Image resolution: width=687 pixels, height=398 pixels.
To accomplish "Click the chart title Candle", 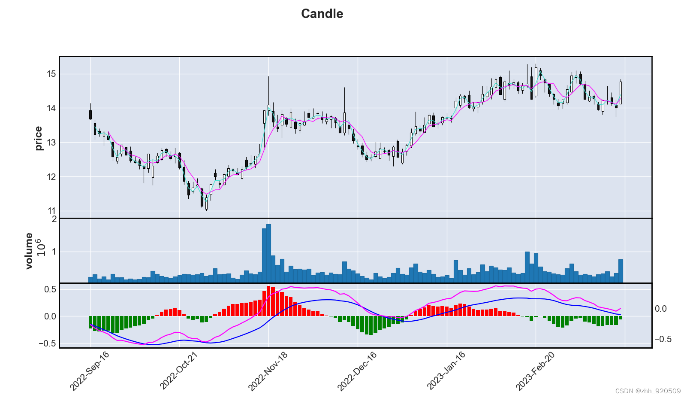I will [x=322, y=14].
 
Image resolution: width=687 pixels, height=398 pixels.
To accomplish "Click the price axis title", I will [x=39, y=138].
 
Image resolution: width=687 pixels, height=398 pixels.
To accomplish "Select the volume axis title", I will [x=29, y=251].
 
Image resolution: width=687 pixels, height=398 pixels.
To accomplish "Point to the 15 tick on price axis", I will [x=51, y=74].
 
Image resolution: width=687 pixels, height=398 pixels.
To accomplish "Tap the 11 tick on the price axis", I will [x=51, y=211].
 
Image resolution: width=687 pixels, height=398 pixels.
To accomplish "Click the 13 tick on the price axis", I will [x=51, y=143].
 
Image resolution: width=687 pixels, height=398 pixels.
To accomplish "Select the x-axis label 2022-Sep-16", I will [x=90, y=371].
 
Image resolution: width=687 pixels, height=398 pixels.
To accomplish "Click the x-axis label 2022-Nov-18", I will [x=268, y=371].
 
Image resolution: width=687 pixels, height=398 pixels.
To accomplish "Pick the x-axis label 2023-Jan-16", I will [x=446, y=371].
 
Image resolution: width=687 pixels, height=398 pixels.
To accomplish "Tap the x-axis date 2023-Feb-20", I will [x=535, y=371].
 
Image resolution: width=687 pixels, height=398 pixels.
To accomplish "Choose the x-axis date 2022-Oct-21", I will [x=179, y=371].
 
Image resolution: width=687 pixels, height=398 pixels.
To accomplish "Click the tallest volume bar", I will [x=268, y=253].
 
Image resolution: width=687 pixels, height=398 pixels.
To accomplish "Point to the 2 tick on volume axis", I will [x=54, y=219].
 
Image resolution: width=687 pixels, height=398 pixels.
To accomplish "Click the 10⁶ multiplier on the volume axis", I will [x=41, y=247].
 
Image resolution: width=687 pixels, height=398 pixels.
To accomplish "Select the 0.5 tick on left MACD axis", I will [x=50, y=289].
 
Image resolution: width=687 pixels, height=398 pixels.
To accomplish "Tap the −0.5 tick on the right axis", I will [x=663, y=339].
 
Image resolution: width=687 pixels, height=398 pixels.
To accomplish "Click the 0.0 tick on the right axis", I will [x=660, y=309].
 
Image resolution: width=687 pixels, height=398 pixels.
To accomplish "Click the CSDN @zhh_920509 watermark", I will [x=648, y=391].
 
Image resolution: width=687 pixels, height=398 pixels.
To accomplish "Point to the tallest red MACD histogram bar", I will [x=268, y=301].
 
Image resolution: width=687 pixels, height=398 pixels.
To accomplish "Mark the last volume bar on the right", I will [x=621, y=271].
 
